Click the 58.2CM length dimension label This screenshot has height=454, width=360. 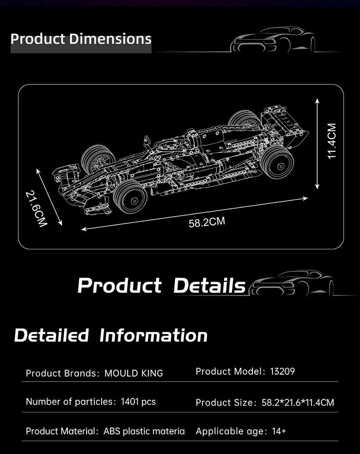point(206,222)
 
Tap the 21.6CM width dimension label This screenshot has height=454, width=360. point(36,208)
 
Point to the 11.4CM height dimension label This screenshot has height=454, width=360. point(332,141)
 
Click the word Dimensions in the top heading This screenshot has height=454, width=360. point(110,39)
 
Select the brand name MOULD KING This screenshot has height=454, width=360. point(134,373)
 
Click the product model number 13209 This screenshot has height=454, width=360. point(283,371)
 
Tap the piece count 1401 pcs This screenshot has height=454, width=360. point(139,402)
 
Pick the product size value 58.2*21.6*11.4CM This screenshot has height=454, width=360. point(298,402)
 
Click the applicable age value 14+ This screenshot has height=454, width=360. point(279,431)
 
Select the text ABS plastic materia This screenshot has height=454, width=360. point(144,431)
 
